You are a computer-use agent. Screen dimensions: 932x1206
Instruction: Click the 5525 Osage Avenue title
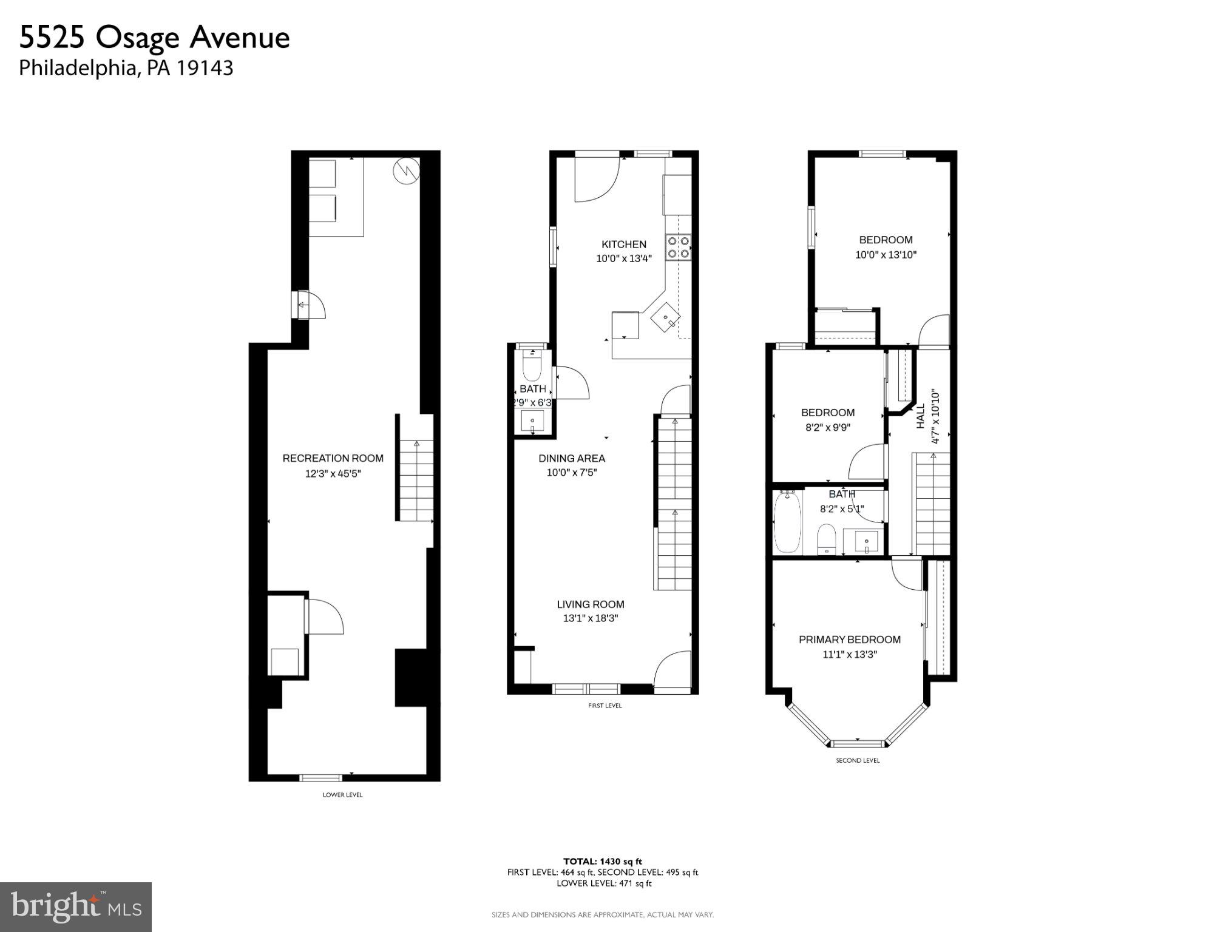[x=154, y=38]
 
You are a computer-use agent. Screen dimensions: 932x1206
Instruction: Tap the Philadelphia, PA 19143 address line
[x=126, y=68]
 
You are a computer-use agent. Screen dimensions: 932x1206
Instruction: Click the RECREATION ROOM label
[x=333, y=458]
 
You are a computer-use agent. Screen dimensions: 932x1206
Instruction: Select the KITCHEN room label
[x=623, y=245]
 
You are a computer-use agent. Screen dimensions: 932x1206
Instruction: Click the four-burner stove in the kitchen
[x=678, y=247]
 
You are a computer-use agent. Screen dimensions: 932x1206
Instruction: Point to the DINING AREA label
[x=572, y=458]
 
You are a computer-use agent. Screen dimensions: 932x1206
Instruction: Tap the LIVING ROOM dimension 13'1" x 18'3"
[x=590, y=618]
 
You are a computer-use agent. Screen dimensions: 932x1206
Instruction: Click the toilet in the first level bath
[x=532, y=365]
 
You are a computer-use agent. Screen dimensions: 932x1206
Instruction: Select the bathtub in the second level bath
[x=787, y=522]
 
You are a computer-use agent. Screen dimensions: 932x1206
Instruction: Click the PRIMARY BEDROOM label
[x=849, y=640]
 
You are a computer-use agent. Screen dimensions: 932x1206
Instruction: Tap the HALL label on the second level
[x=921, y=416]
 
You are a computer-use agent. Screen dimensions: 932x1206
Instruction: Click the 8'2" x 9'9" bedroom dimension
[x=827, y=427]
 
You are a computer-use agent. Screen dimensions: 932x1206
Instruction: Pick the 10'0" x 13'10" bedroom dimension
[x=886, y=255]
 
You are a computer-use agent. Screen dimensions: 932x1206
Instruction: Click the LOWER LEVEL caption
[x=342, y=795]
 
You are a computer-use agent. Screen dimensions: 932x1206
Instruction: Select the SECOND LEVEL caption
[x=857, y=760]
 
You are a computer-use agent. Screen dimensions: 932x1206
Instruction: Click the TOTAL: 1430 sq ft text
[x=602, y=861]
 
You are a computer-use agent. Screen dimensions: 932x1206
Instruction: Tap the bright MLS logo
[x=76, y=907]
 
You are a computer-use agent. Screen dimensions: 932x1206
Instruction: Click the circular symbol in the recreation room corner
[x=406, y=171]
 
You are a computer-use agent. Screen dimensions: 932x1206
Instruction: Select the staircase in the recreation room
[x=416, y=480]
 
